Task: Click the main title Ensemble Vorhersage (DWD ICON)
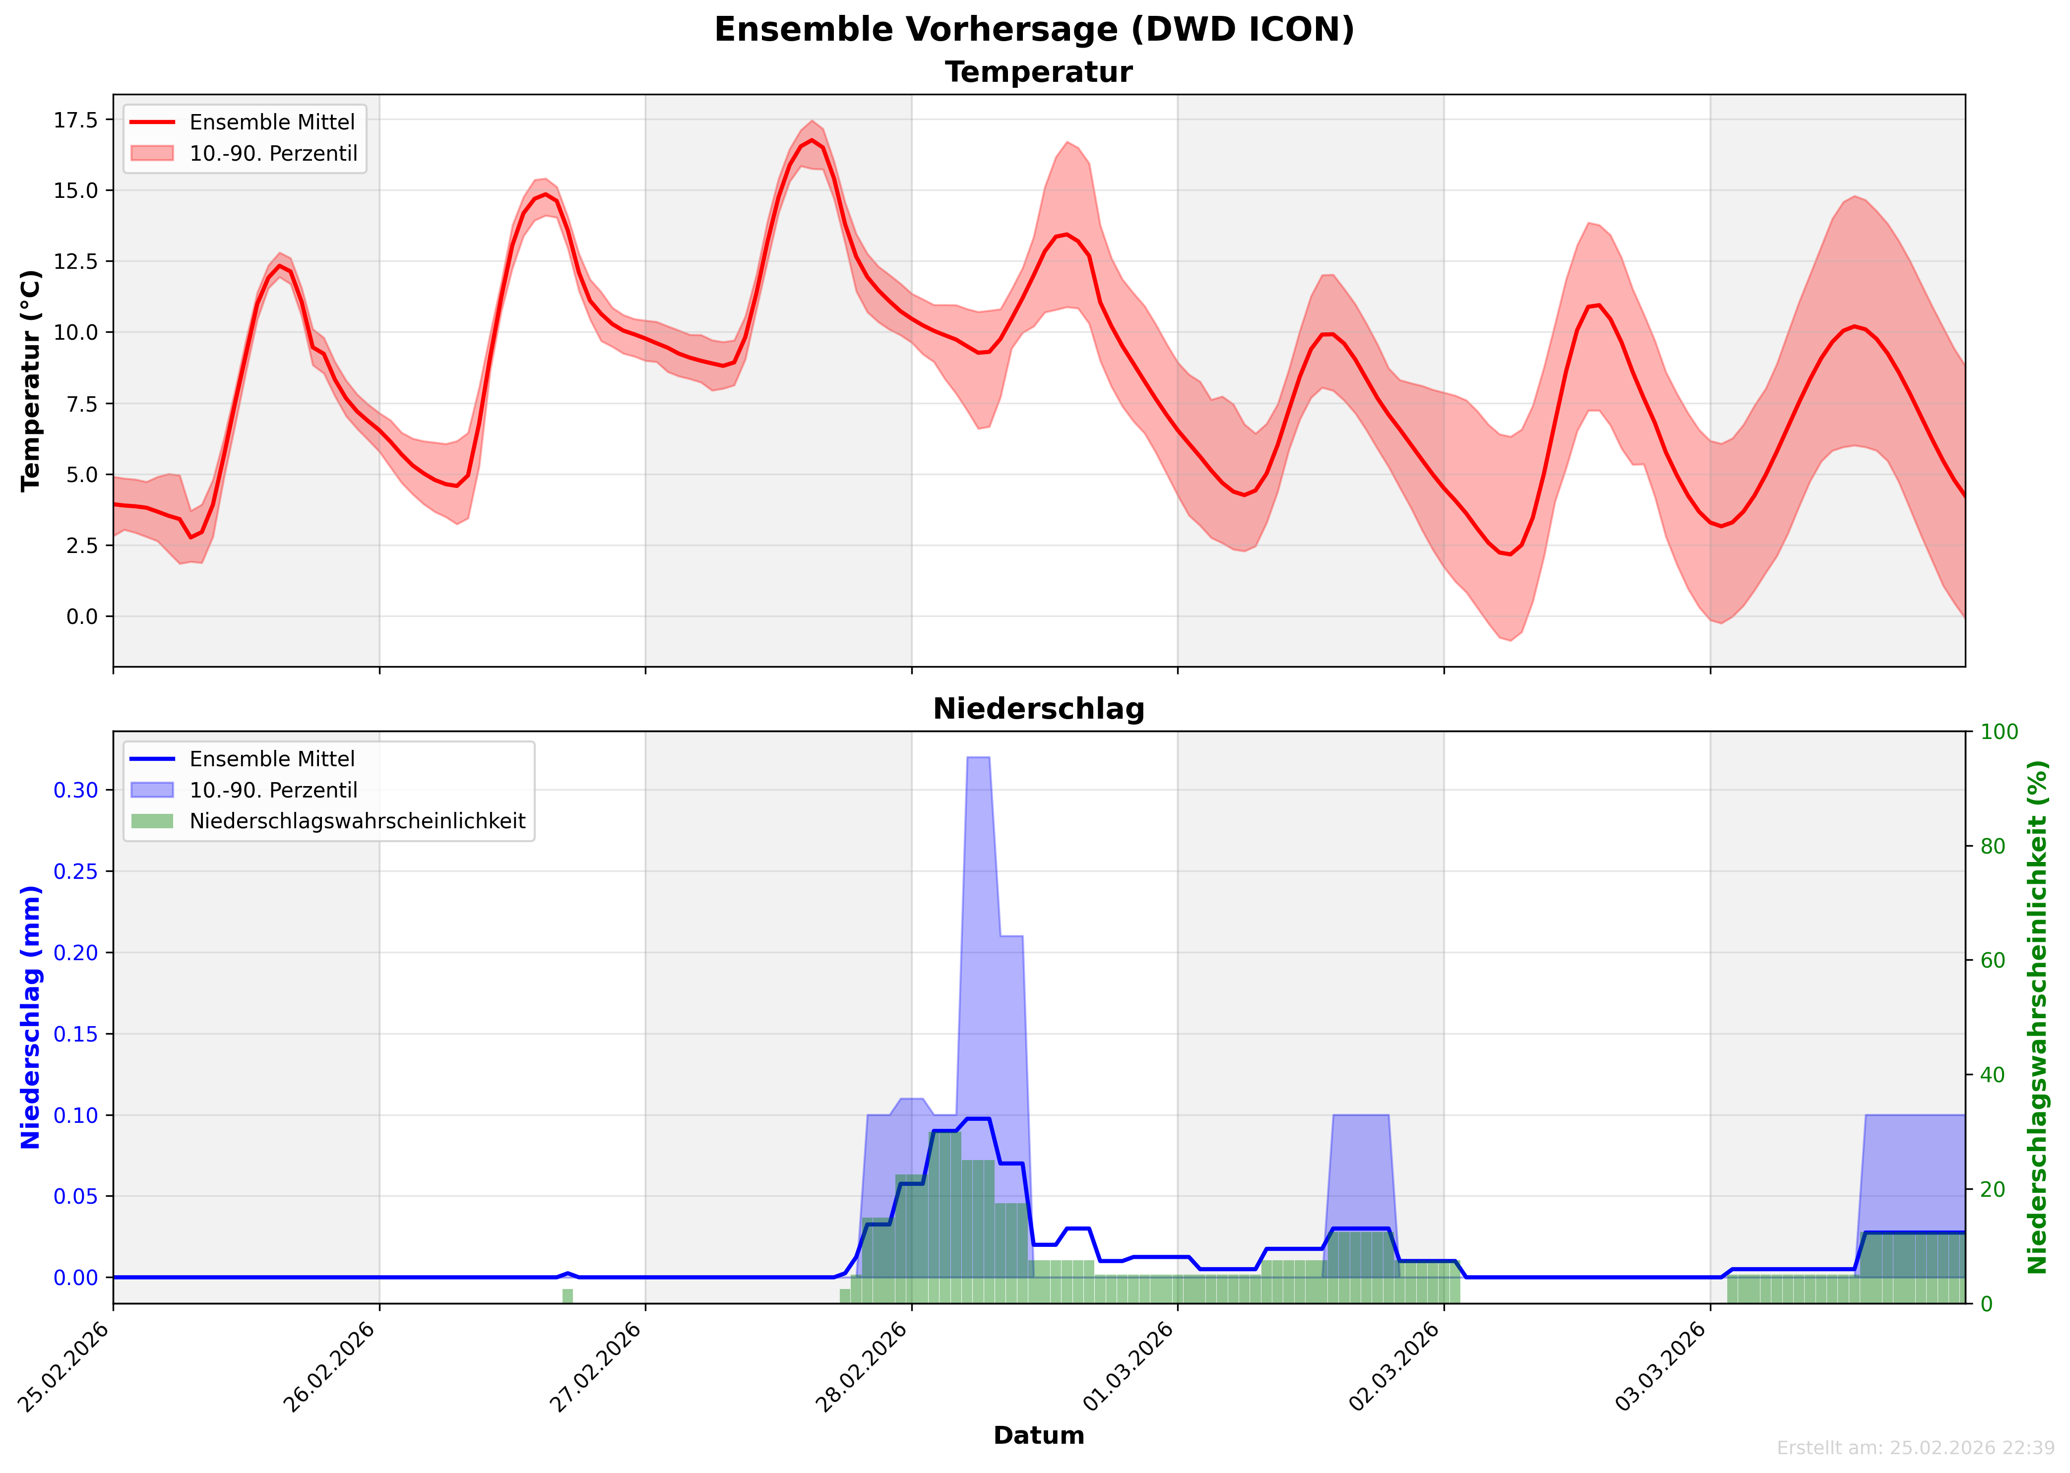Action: point(1034,29)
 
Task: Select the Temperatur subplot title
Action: point(1039,72)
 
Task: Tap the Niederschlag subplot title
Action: point(1039,709)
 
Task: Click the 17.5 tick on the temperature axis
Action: point(76,120)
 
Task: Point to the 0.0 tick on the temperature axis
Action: point(82,617)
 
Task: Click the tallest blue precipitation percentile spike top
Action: point(978,757)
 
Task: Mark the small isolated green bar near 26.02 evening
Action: point(568,1296)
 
